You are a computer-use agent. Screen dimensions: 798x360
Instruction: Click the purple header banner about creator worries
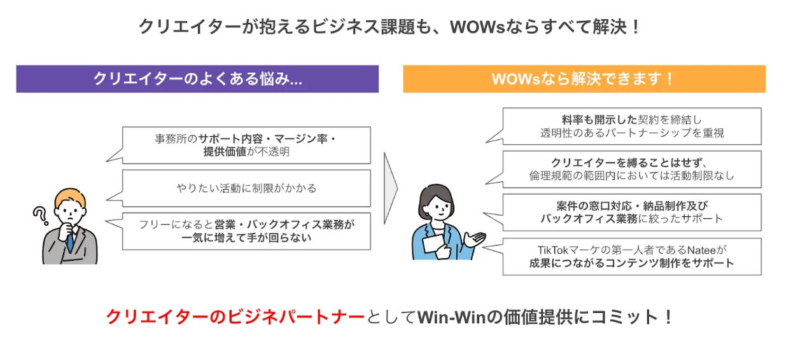coord(197,79)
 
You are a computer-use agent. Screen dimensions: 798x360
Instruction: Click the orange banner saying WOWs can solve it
coord(584,79)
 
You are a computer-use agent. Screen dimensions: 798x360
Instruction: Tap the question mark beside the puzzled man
coord(41,216)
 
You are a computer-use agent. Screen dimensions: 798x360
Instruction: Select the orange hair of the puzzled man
coord(71,197)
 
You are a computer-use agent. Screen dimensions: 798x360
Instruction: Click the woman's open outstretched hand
coord(475,239)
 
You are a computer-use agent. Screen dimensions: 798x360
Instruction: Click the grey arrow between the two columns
coord(391,188)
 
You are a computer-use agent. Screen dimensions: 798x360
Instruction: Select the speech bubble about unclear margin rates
coord(246,145)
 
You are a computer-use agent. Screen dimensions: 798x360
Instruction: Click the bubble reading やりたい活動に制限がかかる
coord(246,188)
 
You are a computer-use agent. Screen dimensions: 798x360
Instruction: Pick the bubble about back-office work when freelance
coord(246,232)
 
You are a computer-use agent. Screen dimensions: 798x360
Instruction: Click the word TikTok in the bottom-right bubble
coord(552,250)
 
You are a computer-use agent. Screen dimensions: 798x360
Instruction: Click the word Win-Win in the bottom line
coord(452,317)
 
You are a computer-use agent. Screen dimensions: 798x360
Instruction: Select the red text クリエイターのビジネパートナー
coord(235,317)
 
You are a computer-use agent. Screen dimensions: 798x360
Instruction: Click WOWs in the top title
coord(478,27)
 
